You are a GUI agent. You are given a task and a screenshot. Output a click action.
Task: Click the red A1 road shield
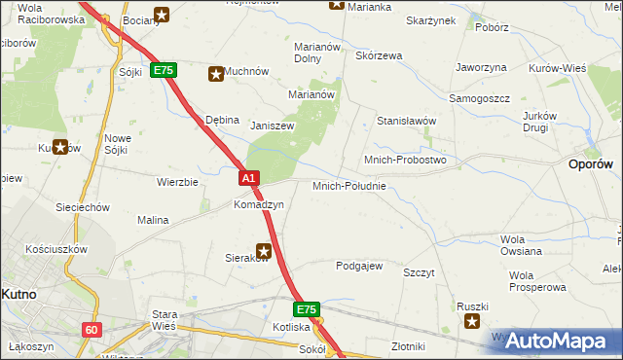tap(249, 178)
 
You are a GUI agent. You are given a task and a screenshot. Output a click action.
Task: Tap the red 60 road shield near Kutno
tap(91, 330)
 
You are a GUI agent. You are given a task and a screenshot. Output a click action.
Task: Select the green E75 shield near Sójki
tap(164, 71)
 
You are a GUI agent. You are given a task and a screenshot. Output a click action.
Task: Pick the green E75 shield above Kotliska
tap(308, 309)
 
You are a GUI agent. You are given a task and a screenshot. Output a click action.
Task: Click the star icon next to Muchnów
tap(215, 72)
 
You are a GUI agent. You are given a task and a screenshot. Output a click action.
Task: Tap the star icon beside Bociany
tap(162, 15)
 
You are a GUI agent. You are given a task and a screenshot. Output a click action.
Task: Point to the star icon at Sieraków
tap(263, 250)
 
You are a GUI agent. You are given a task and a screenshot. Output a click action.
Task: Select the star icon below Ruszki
tap(472, 322)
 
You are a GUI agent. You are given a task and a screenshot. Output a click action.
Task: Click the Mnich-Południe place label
tap(349, 186)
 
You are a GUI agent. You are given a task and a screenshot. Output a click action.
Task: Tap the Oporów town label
tap(590, 165)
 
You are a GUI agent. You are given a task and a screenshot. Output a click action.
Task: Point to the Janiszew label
tap(273, 126)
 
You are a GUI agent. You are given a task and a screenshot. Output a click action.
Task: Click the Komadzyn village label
tap(258, 205)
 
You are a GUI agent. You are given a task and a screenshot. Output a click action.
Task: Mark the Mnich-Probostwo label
tap(404, 160)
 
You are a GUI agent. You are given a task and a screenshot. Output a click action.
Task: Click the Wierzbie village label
tap(178, 182)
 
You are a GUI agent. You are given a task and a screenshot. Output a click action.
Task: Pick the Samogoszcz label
tap(480, 99)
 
